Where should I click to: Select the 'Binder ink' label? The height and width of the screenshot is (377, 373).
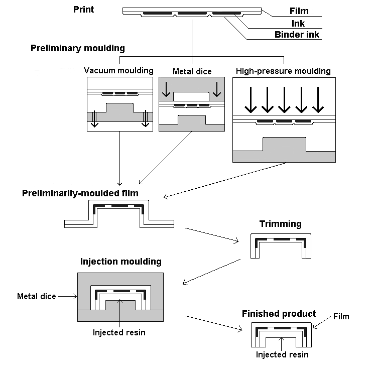coord(297,35)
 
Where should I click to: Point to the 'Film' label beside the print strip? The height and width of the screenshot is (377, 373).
coord(299,11)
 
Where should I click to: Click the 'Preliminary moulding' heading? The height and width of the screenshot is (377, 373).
coord(78,48)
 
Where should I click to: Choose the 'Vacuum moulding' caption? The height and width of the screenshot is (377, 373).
coord(118,70)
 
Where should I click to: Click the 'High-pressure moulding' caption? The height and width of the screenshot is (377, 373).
coord(283,71)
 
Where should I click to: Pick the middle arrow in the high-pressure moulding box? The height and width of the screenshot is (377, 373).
coord(284,100)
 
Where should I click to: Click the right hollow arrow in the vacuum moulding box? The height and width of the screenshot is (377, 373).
coord(145,119)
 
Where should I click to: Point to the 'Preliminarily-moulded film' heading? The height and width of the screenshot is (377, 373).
coord(80,193)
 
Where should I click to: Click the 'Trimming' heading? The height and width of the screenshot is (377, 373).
coord(280,224)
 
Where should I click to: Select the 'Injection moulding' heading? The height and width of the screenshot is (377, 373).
coord(121,261)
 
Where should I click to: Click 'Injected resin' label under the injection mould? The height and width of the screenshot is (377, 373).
coord(119,332)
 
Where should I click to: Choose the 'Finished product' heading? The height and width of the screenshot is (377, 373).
coord(279,314)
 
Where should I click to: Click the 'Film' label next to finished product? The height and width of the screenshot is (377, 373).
coord(341,316)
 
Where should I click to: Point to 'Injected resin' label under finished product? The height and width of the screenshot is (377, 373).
coord(282,354)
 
